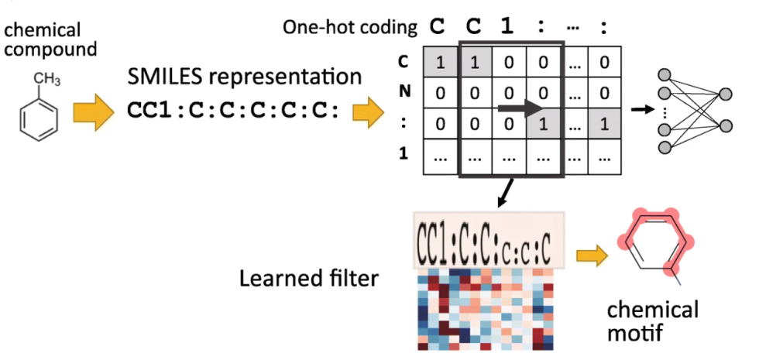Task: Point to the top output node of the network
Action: click(x=726, y=94)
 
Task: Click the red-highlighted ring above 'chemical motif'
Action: click(x=656, y=244)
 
